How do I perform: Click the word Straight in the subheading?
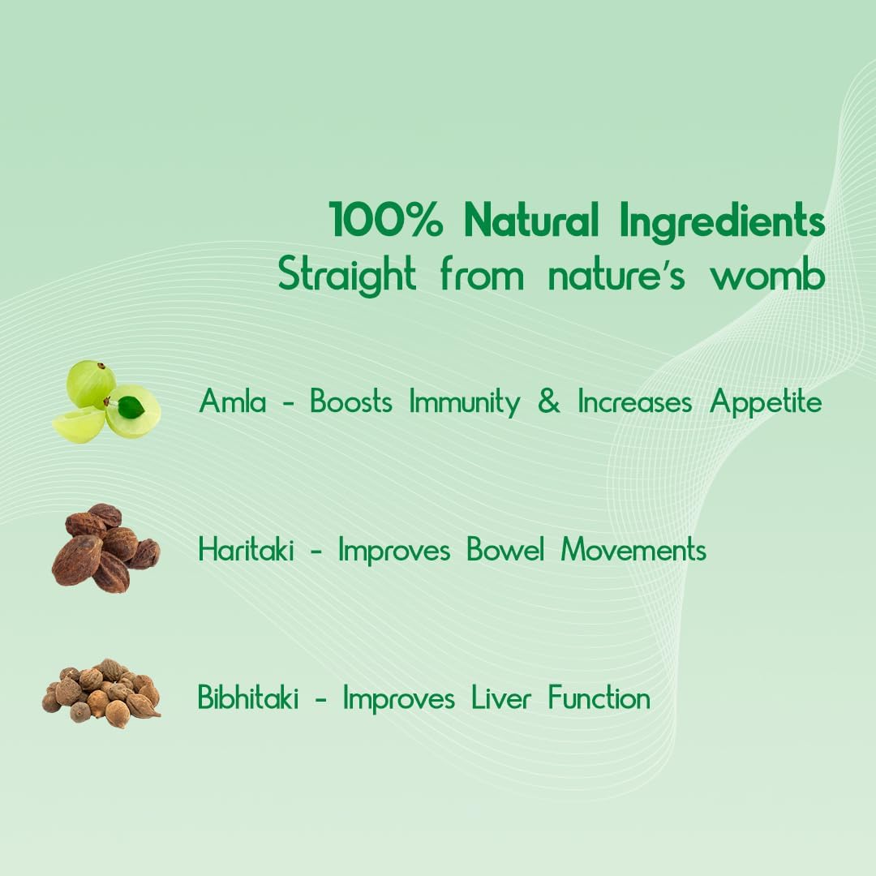[x=347, y=274]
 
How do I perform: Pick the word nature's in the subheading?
[x=616, y=276]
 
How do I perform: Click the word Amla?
[x=233, y=401]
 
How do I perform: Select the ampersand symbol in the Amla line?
[x=549, y=402]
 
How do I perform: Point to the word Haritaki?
[x=247, y=551]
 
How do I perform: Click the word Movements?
[x=633, y=551]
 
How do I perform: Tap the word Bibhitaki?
[x=248, y=698]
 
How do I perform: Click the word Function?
[x=599, y=698]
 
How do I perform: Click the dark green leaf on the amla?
[x=130, y=406]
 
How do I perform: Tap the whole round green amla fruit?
[x=90, y=384]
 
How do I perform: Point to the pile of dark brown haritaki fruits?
[x=105, y=548]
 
